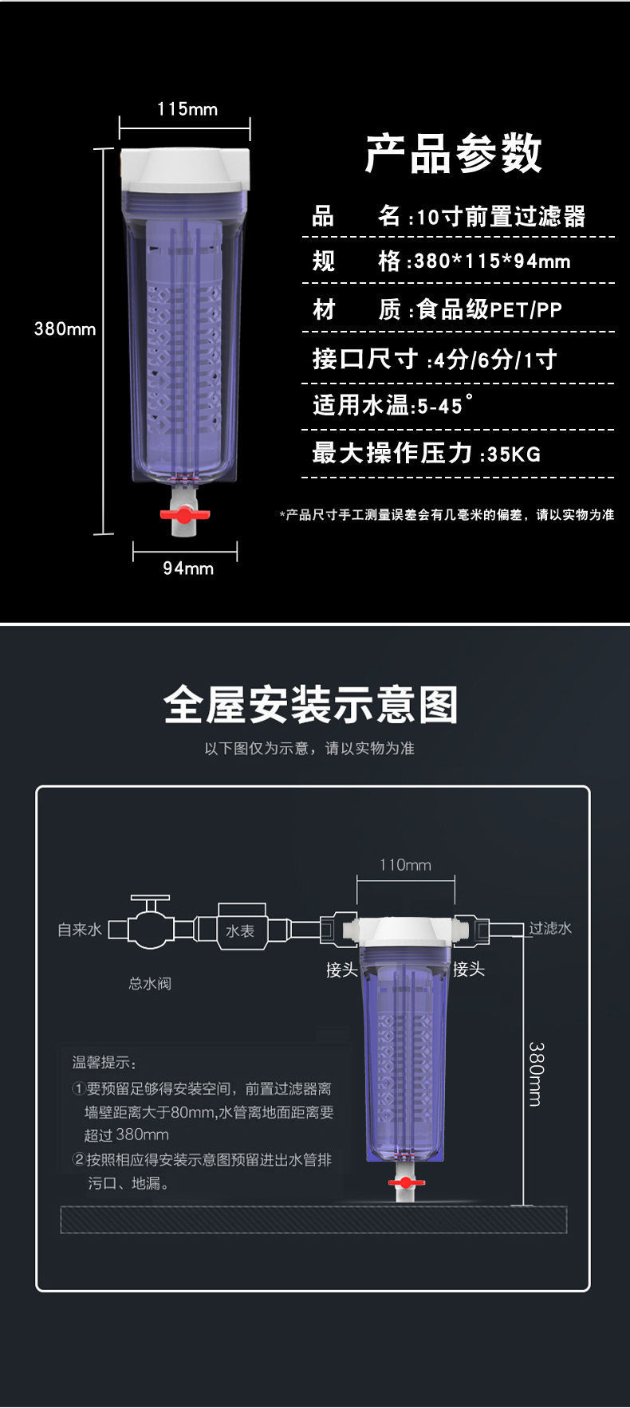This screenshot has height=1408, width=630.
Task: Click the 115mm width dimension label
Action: click(x=187, y=109)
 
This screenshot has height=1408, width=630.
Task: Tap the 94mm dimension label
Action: click(x=188, y=568)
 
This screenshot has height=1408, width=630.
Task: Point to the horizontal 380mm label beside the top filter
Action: click(x=65, y=328)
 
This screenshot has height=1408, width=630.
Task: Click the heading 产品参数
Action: click(x=453, y=154)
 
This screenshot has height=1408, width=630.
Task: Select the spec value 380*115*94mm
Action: click(x=493, y=262)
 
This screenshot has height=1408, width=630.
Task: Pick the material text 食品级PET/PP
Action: click(x=490, y=310)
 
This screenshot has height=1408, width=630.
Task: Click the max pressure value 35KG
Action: click(x=514, y=454)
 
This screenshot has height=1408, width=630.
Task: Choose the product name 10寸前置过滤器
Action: click(x=502, y=217)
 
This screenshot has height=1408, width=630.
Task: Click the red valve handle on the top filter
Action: click(x=184, y=514)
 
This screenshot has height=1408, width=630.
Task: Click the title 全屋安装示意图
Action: click(x=311, y=706)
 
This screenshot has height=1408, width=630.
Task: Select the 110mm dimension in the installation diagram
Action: click(x=405, y=865)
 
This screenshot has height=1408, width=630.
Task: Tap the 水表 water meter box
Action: click(x=240, y=930)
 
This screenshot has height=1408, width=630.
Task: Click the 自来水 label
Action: click(x=80, y=930)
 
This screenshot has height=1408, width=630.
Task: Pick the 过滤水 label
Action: click(x=550, y=928)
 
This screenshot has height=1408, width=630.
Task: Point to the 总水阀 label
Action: click(x=150, y=984)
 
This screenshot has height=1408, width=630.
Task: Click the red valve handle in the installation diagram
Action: click(x=406, y=1182)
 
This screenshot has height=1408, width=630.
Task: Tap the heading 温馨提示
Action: click(x=104, y=1062)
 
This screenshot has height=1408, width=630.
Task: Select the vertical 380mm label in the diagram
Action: click(x=535, y=1073)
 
